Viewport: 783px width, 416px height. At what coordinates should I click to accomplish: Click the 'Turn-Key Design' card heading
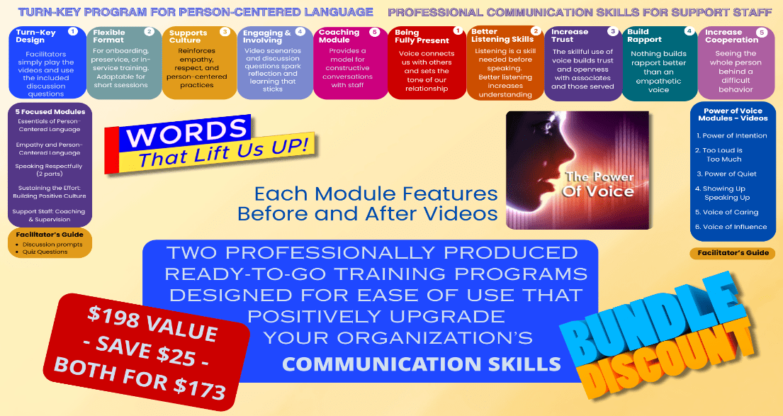click(35, 36)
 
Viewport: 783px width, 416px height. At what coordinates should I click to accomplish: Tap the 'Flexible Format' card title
click(109, 36)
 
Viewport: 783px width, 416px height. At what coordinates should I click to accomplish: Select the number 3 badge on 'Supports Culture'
click(225, 32)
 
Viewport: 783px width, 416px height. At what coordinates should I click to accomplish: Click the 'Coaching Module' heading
click(339, 36)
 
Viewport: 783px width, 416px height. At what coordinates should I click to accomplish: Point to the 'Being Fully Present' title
click(422, 36)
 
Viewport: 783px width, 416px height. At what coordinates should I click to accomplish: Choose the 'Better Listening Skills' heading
click(502, 35)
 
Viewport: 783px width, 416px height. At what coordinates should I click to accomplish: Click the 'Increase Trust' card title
click(569, 35)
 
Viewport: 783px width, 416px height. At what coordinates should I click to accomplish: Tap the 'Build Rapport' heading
click(644, 35)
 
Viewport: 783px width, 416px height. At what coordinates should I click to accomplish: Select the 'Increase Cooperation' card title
click(731, 36)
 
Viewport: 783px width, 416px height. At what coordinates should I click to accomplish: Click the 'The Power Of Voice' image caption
click(598, 184)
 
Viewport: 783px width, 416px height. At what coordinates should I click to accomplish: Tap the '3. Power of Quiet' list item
click(726, 174)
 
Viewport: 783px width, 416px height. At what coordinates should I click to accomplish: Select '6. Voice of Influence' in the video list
click(731, 227)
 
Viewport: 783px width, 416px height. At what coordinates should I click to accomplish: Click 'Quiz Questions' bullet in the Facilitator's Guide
click(45, 252)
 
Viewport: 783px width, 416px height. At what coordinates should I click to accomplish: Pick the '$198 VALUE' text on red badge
click(152, 324)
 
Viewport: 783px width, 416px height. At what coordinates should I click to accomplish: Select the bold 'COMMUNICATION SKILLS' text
click(422, 364)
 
